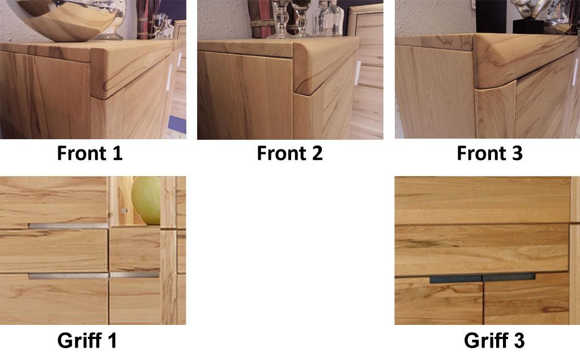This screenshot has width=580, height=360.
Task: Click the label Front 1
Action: point(89,153)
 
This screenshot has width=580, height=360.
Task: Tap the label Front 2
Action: point(289,153)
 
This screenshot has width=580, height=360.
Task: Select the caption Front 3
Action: point(490,153)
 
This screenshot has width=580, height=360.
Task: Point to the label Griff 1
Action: point(87,340)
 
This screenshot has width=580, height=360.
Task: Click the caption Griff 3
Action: point(494,340)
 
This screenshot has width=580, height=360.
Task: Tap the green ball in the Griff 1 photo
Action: point(147,200)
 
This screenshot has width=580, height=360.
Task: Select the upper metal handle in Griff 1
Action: point(69,225)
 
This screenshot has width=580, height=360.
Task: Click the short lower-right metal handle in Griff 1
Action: point(135,275)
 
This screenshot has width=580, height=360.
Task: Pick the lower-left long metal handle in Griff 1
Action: point(69,276)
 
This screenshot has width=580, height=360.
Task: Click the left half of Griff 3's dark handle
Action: point(456,278)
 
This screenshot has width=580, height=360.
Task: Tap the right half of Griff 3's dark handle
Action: point(509,277)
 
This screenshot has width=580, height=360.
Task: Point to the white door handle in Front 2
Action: point(358,72)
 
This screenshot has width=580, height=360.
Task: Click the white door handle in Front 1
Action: point(169,77)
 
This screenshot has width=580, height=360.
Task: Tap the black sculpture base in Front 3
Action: point(528,27)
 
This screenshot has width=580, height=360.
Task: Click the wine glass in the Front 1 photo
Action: point(159,26)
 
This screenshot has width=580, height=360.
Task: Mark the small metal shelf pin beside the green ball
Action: point(125,211)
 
